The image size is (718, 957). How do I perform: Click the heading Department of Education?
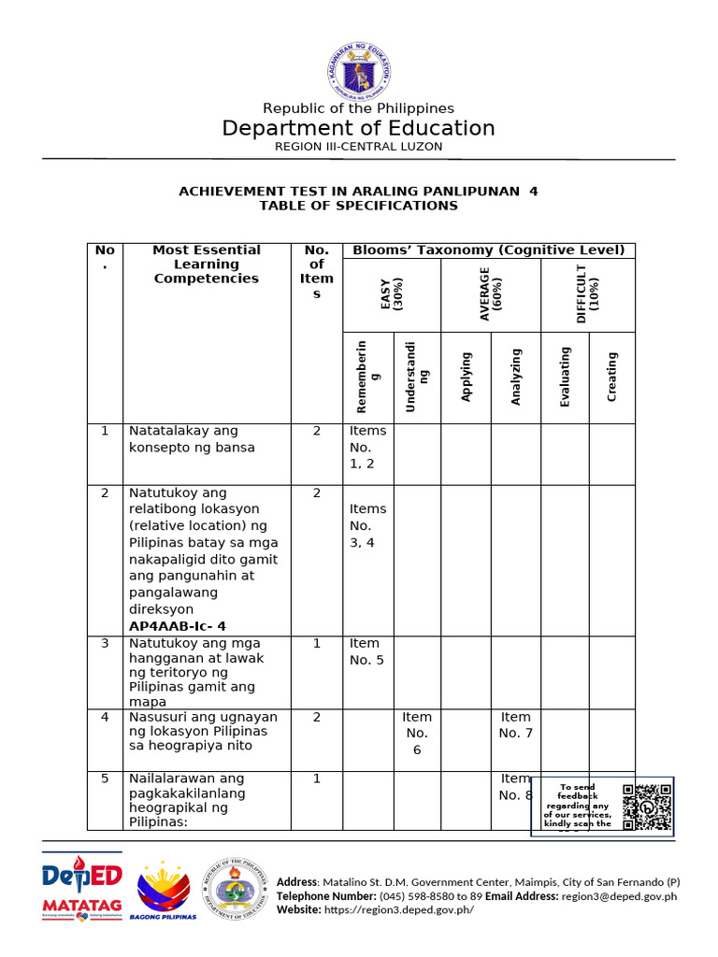coord(358,128)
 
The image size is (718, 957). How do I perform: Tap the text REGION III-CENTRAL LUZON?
coord(358,147)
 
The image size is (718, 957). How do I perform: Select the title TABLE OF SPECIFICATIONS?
coord(358,206)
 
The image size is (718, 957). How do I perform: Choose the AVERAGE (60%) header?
coord(490,294)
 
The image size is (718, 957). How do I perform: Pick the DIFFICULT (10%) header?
coord(588,294)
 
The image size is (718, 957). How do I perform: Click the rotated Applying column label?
coord(467,377)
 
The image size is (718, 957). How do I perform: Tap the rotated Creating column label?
coord(611,377)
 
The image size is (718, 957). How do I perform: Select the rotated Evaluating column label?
coord(565,376)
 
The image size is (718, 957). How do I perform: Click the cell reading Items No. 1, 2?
coord(367,448)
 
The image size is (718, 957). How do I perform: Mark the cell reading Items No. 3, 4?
coord(367,525)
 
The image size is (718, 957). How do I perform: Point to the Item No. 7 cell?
coord(515,725)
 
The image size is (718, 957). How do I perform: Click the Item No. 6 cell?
coord(417,734)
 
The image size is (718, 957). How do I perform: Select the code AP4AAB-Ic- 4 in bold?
coord(177,626)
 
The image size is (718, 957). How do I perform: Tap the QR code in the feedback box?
coord(646,806)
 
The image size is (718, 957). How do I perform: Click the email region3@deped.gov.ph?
coord(619,896)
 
